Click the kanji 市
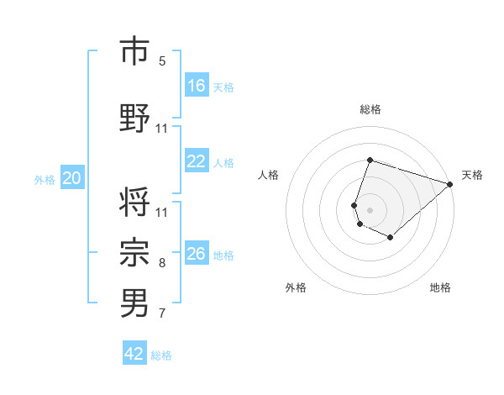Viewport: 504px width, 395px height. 134,52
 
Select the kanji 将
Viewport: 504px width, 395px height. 134,203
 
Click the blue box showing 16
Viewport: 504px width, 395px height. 197,86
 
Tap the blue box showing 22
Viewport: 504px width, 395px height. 197,162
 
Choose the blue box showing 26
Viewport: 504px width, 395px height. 197,255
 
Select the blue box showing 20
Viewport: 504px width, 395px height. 72,178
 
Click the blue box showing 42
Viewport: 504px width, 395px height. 134,354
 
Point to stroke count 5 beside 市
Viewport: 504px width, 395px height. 162,61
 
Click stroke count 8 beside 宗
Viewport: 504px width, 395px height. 162,263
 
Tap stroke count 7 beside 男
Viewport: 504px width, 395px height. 162,313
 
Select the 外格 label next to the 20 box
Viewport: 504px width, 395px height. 45,179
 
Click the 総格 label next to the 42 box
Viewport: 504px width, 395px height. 161,355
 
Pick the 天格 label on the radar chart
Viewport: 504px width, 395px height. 472,175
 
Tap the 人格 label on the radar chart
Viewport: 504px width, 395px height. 269,175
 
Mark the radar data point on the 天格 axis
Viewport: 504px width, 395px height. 450,184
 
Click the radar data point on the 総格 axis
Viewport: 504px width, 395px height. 370,160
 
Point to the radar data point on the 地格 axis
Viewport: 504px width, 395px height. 391,238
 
